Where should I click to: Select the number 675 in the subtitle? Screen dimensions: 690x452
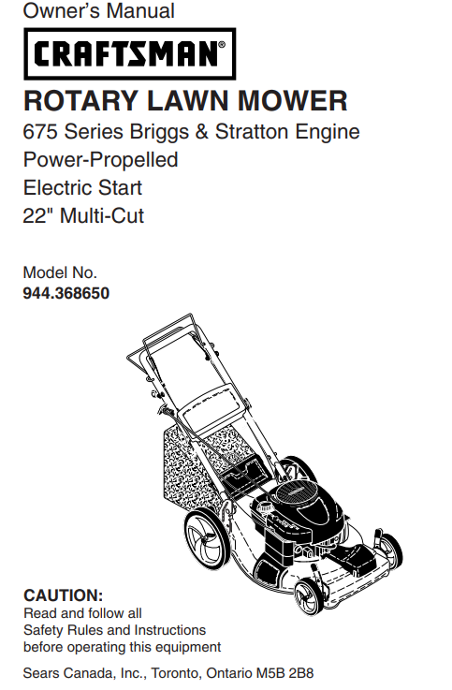39,132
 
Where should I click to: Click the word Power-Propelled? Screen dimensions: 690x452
100,160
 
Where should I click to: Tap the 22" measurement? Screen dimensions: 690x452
37,216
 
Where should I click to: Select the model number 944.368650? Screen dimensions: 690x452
66,293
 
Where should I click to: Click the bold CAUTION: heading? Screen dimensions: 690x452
63,595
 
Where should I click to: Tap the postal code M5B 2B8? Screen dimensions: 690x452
292,673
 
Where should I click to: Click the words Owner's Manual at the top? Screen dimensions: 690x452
97,12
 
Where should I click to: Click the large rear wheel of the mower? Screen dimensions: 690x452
207,539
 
